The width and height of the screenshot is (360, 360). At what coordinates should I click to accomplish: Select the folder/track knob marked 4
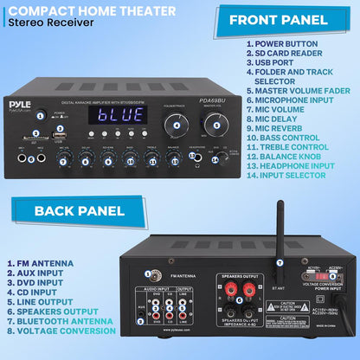pos(177,125)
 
